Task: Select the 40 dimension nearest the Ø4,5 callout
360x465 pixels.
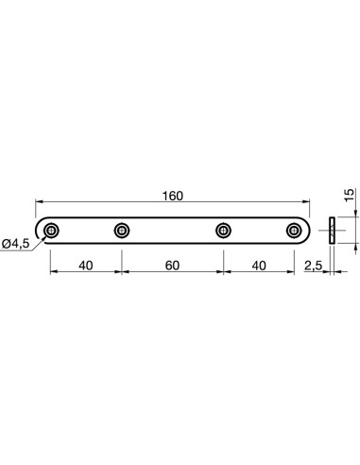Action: tap(85, 266)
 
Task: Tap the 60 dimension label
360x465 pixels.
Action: tap(172, 266)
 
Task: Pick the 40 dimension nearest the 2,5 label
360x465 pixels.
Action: tap(259, 266)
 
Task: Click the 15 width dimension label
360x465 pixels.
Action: tap(349, 197)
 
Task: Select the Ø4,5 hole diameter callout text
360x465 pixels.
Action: tap(16, 244)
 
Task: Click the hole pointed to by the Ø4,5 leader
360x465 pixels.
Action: tap(51, 230)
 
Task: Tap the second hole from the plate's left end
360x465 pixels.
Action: tap(121, 230)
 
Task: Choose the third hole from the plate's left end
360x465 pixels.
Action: tap(224, 230)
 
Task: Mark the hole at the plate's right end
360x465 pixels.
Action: tap(293, 230)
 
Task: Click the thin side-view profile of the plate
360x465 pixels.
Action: tap(332, 230)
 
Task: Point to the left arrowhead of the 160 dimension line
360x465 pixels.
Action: tap(40, 202)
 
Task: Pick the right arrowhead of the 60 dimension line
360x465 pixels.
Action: tap(219, 273)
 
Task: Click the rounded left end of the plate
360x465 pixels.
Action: tap(39, 230)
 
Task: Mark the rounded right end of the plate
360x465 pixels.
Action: tap(306, 230)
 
